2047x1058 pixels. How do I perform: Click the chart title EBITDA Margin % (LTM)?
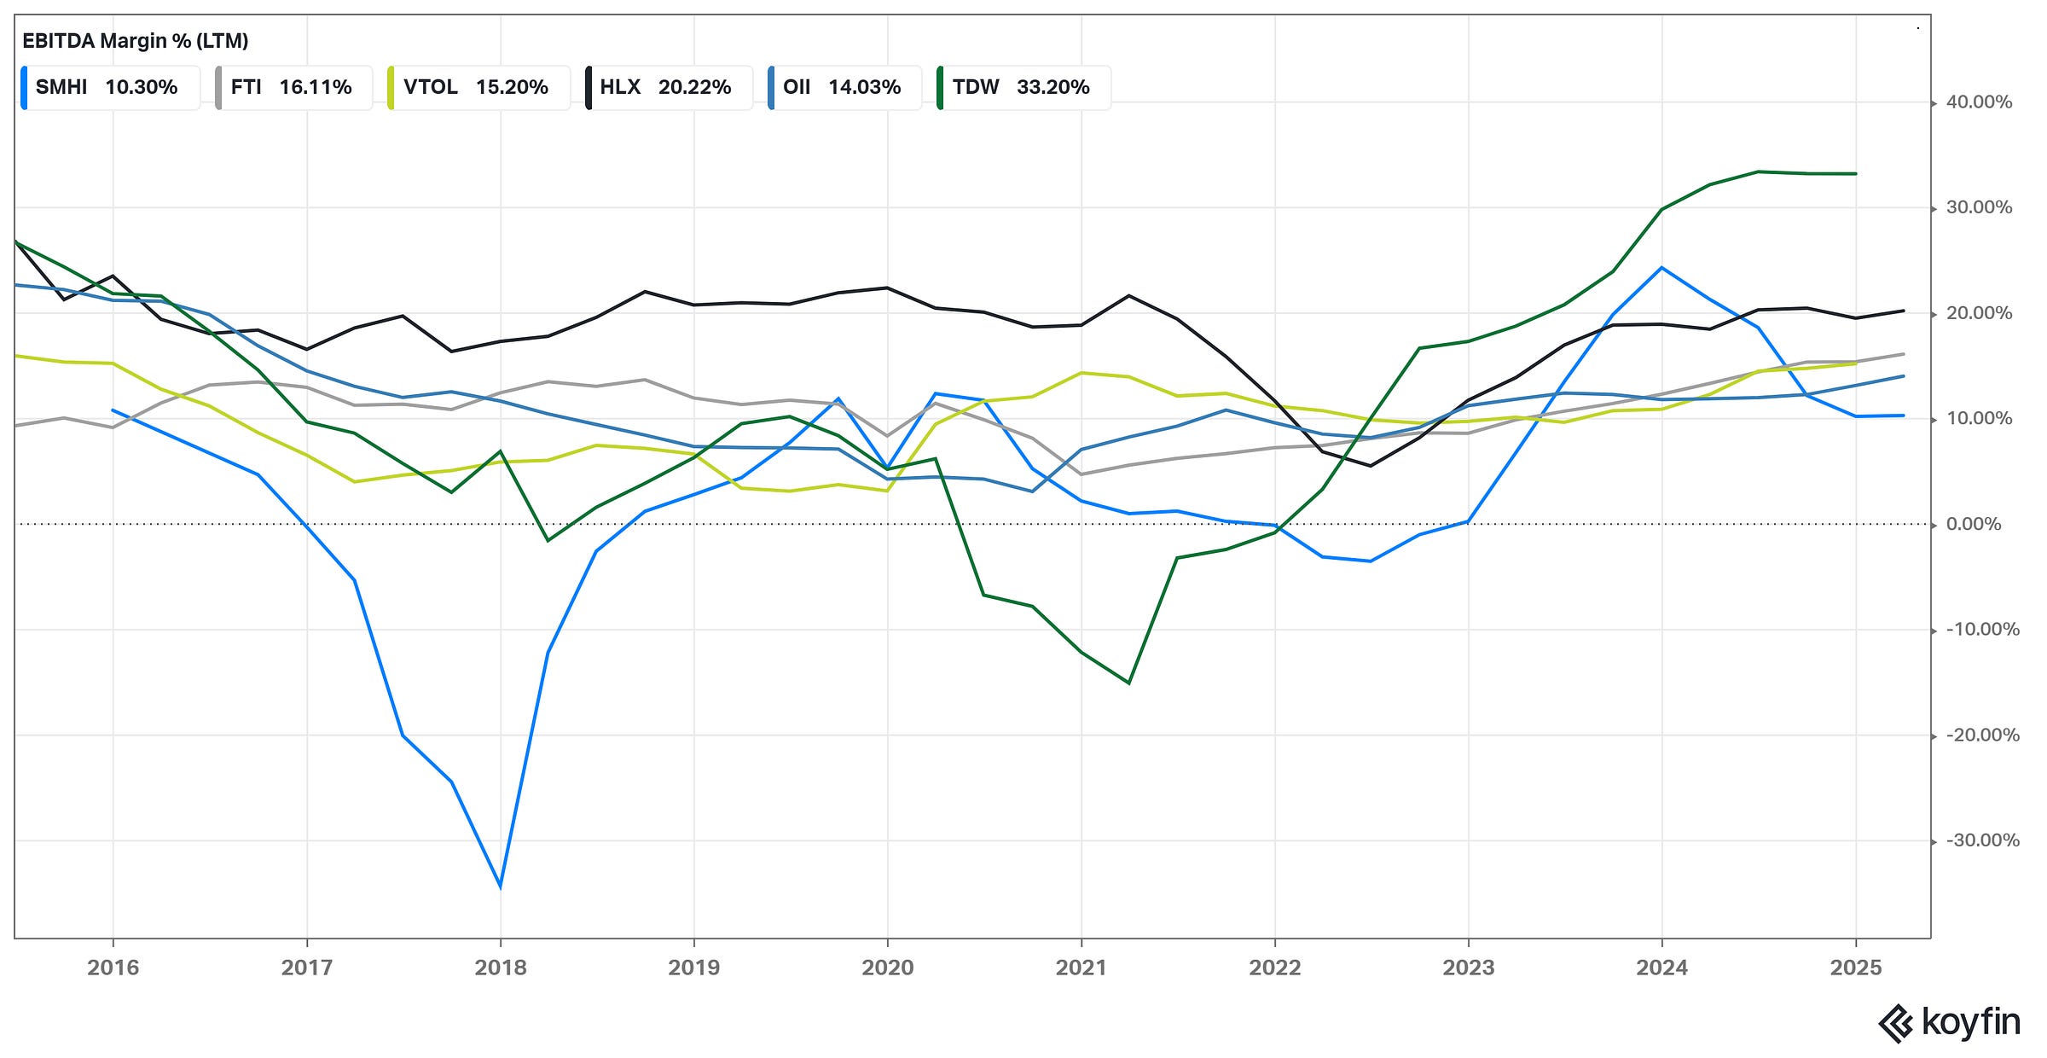pyautogui.click(x=135, y=41)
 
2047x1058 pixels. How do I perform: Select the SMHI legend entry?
pyautogui.click(x=109, y=87)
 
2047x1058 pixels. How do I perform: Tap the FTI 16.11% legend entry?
pyautogui.click(x=293, y=87)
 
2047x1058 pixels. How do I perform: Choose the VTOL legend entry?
pyautogui.click(x=476, y=87)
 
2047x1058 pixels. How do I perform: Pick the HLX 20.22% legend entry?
pyautogui.click(x=666, y=87)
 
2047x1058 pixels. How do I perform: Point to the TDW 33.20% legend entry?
pyautogui.click(x=1021, y=87)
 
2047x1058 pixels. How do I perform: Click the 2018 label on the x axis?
pyautogui.click(x=501, y=968)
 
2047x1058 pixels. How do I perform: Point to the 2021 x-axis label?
pyautogui.click(x=1081, y=968)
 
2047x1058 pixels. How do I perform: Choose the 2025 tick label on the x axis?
pyautogui.click(x=1856, y=968)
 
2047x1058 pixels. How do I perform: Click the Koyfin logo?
pyautogui.click(x=1949, y=1022)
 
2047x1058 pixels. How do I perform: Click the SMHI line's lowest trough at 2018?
pyautogui.click(x=501, y=887)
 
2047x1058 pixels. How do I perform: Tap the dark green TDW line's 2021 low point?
pyautogui.click(x=1129, y=683)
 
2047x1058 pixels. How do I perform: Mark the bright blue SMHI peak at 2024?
pyautogui.click(x=1661, y=268)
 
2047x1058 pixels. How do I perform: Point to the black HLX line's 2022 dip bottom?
pyautogui.click(x=1370, y=466)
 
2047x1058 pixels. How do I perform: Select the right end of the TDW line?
pyautogui.click(x=1856, y=174)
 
